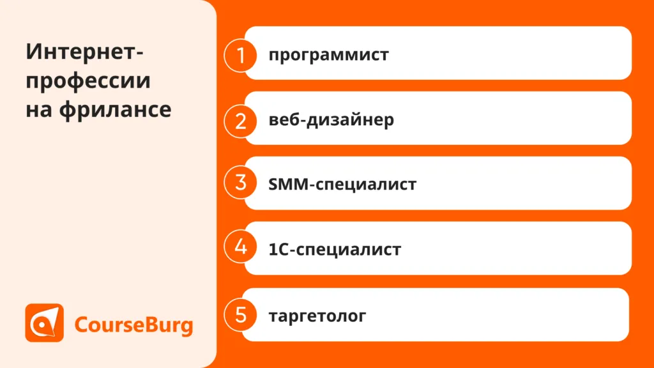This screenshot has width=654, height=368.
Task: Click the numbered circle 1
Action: pyautogui.click(x=240, y=55)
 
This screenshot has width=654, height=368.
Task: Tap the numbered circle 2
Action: pyautogui.click(x=240, y=121)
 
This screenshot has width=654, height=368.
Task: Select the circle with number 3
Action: pyautogui.click(x=240, y=182)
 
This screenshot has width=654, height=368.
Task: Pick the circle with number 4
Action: pyautogui.click(x=240, y=246)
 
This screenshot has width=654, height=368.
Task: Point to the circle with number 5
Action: pyautogui.click(x=240, y=315)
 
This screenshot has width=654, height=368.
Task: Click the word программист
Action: pyautogui.click(x=329, y=55)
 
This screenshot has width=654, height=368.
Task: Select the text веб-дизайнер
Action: pyautogui.click(x=331, y=119)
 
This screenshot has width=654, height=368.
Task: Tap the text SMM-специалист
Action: pyautogui.click(x=342, y=184)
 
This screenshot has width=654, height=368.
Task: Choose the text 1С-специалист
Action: pyautogui.click(x=335, y=249)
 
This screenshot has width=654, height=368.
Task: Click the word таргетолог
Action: pyautogui.click(x=317, y=316)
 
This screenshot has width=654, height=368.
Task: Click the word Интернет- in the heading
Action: pyautogui.click(x=85, y=52)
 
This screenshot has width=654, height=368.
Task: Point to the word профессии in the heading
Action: pyautogui.click(x=88, y=81)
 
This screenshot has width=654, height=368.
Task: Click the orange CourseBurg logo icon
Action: pyautogui.click(x=44, y=323)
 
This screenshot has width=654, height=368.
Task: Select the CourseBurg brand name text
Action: pyautogui.click(x=133, y=325)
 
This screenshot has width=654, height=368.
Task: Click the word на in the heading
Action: pyautogui.click(x=39, y=110)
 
